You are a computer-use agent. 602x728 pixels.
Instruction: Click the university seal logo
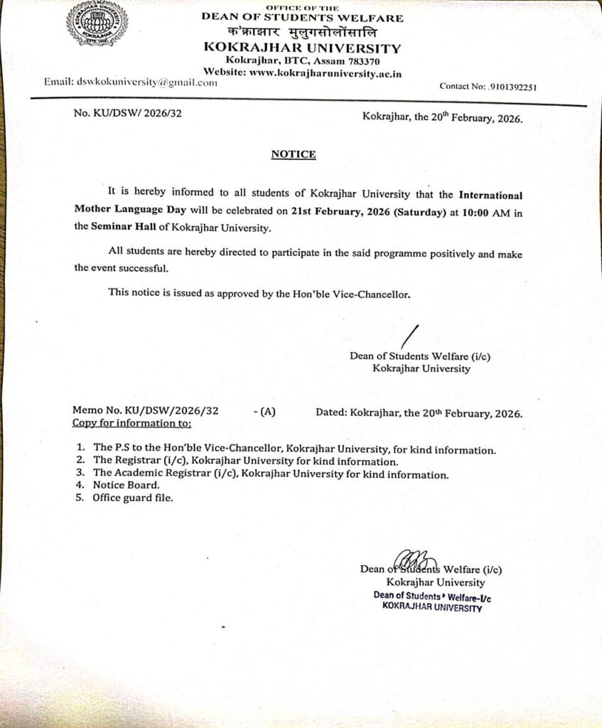click(x=97, y=23)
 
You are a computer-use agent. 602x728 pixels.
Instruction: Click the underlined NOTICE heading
click(x=293, y=154)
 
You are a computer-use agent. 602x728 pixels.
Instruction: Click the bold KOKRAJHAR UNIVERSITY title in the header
click(x=302, y=48)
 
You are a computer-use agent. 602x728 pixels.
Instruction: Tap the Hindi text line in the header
click(x=302, y=33)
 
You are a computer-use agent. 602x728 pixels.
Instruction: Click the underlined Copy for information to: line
click(x=132, y=424)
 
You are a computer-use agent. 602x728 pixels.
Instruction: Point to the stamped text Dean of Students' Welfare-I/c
click(x=432, y=596)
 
